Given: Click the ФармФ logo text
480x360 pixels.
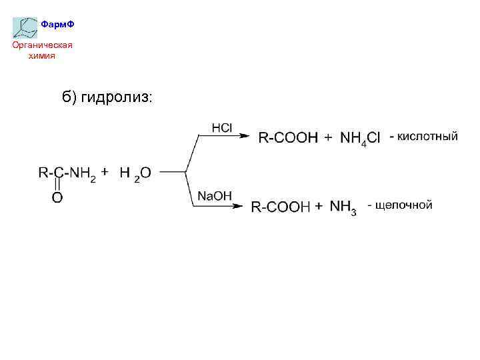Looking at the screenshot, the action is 57,25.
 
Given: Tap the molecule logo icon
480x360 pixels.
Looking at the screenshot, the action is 25,27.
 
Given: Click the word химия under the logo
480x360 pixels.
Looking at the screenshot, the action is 41,56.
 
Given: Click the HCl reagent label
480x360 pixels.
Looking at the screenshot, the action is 221,127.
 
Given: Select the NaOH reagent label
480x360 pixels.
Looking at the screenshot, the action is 214,195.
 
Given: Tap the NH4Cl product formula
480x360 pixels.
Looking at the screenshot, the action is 360,139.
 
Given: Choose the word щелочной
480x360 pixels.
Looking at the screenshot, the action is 404,205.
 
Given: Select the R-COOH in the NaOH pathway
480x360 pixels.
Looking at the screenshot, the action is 281,207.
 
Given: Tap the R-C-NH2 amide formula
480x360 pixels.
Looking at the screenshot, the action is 67,173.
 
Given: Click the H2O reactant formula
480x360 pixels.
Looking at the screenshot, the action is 135,173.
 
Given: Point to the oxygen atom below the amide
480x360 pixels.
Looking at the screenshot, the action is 58,197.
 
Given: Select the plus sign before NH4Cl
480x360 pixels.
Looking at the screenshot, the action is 327,138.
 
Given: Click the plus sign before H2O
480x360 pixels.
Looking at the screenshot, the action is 105,170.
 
